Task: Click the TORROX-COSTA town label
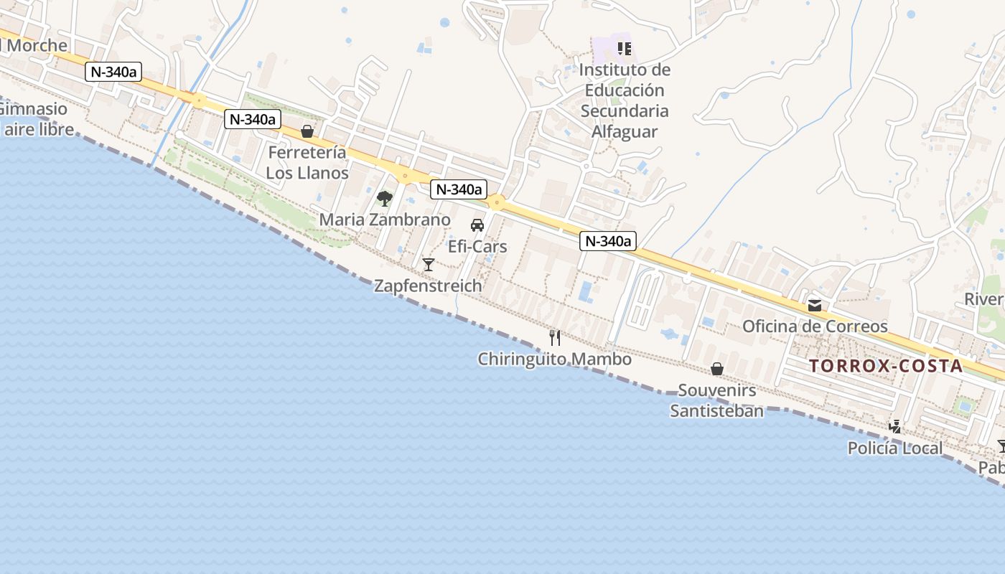click(886, 366)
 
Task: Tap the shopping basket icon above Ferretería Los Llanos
click(307, 131)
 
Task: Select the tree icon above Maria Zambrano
click(385, 198)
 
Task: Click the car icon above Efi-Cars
click(477, 225)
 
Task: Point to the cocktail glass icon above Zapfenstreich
click(429, 265)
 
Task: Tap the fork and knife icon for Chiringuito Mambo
click(555, 337)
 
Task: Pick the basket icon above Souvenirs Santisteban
click(716, 369)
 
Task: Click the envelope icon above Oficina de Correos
click(815, 305)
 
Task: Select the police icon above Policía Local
click(894, 427)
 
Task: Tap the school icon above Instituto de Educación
click(625, 49)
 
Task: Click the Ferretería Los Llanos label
click(307, 163)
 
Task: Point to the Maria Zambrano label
click(385, 220)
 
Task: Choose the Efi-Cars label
click(477, 247)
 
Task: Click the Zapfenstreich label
click(428, 286)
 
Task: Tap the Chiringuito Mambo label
click(555, 359)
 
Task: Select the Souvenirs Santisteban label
click(716, 400)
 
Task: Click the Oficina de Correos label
click(815, 326)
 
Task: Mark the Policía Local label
click(894, 448)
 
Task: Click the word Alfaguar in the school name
click(625, 132)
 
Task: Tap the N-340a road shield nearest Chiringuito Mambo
click(608, 241)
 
